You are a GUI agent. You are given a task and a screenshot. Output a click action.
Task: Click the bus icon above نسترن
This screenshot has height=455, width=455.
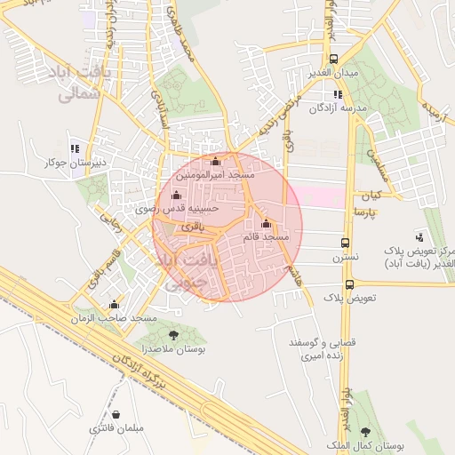click(346, 243)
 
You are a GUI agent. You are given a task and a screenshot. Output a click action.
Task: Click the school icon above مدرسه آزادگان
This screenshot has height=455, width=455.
click(337, 94)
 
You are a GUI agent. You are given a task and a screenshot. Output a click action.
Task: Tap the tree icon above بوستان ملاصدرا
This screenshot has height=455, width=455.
click(172, 335)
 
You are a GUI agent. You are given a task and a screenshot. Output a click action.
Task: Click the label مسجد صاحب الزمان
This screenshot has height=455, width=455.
click(119, 317)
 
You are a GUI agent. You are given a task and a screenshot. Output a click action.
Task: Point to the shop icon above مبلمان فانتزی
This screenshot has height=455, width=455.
click(116, 414)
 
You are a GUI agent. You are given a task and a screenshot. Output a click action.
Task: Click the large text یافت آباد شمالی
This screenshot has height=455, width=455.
click(80, 79)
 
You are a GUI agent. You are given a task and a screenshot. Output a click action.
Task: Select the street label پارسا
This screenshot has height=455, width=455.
click(366, 213)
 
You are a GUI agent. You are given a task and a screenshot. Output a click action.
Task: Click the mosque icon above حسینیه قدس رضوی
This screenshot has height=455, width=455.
click(175, 195)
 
